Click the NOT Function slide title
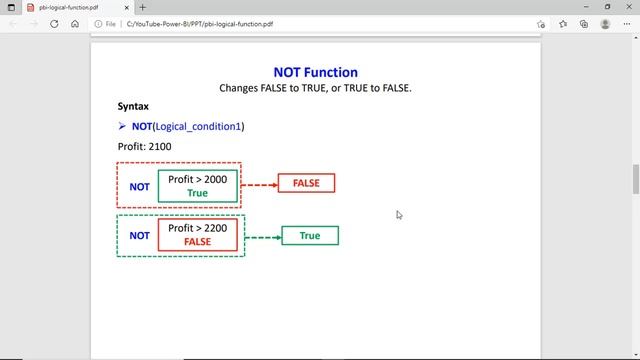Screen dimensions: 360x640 tap(315, 72)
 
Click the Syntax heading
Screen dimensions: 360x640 tap(134, 106)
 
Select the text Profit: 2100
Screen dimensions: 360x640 tap(144, 146)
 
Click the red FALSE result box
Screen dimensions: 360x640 tap(306, 183)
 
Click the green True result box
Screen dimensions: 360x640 tap(310, 236)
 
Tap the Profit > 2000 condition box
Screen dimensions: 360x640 tap(198, 186)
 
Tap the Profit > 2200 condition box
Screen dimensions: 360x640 tap(198, 235)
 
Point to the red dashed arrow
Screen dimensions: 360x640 tap(259, 184)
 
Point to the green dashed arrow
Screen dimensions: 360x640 tap(262, 236)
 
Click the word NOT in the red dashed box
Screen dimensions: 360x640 tap(140, 186)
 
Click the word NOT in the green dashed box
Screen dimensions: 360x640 tap(140, 236)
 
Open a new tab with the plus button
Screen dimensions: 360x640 tap(143, 7)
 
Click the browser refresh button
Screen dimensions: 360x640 tap(54, 24)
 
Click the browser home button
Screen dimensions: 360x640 tap(75, 24)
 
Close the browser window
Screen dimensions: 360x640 tap(627, 7)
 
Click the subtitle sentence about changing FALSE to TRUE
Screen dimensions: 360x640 tap(315, 88)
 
